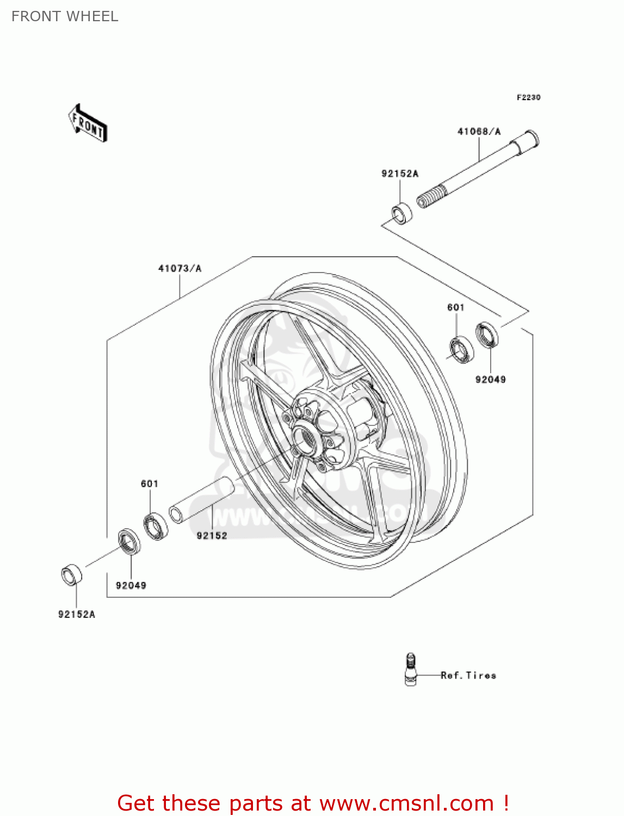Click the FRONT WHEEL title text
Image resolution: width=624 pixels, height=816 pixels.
pos(65,16)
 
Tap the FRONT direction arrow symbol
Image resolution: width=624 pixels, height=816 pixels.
pos(88,123)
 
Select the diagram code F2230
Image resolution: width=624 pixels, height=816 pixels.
pos(528,97)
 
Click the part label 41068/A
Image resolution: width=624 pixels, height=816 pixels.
pos(479,132)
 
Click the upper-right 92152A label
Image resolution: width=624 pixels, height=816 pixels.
pos(400,174)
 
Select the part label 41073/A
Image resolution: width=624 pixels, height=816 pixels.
pos(180,268)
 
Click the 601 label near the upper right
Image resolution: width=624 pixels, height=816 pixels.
pos(455,307)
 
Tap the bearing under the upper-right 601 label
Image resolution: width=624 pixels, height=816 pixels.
pos(461,349)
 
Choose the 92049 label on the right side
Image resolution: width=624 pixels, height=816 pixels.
pos(490,380)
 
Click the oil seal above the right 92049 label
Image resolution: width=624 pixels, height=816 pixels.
pos(487,334)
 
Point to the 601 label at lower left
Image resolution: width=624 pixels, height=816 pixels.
pos(150,484)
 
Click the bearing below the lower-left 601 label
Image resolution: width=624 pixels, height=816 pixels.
pos(156,525)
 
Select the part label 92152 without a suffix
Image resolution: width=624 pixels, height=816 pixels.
pos(212,535)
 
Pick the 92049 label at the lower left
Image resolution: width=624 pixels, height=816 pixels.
pos(131,585)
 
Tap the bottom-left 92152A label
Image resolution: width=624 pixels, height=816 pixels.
pos(77,614)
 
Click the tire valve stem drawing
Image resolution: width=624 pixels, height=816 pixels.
pos(411,670)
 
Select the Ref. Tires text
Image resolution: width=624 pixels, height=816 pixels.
pos(468,675)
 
